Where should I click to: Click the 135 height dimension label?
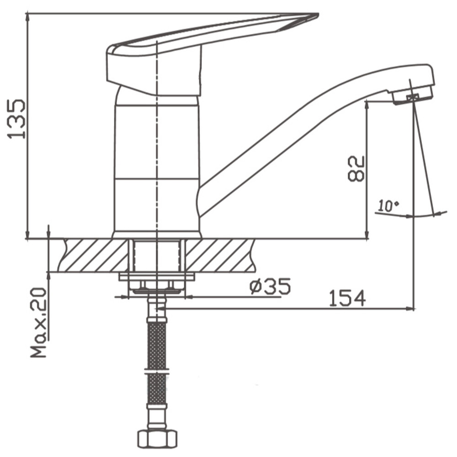pos(16,119)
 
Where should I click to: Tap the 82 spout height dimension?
pos(356,169)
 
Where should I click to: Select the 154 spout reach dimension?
pos(347,298)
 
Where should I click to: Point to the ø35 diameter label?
pos(270,287)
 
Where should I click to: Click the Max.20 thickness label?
pos(39,323)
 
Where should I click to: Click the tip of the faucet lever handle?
pos(318,14)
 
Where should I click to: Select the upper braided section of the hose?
pos(157,346)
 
